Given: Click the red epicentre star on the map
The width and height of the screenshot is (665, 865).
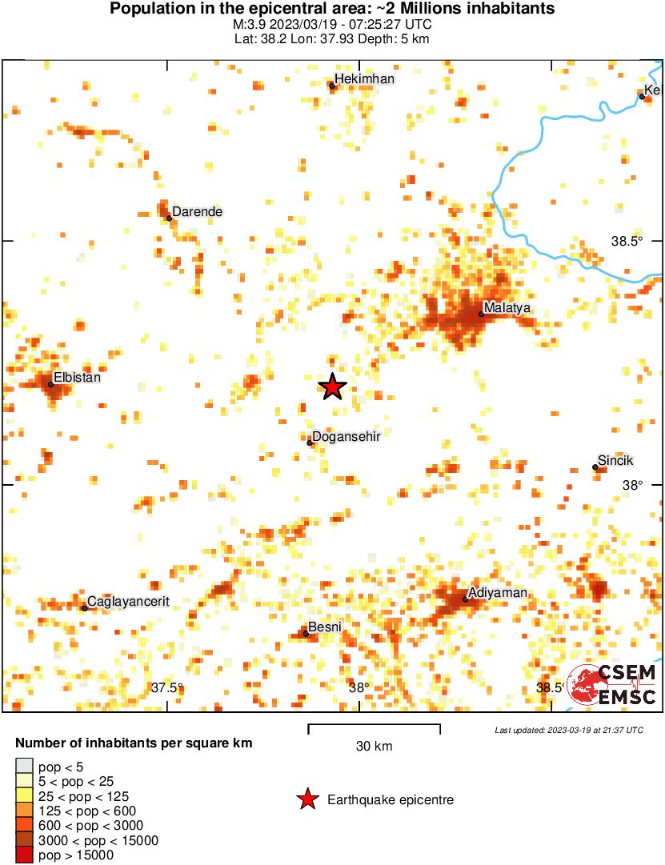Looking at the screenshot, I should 333,387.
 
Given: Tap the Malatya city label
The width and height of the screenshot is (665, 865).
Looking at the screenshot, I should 507,308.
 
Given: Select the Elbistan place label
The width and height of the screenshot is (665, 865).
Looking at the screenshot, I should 77,377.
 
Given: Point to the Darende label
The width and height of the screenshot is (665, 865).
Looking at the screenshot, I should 197,212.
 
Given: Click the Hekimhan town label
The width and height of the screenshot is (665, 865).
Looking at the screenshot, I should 365,79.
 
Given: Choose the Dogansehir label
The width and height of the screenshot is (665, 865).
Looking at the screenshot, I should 345,436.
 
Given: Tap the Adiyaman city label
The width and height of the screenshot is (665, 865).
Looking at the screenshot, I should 497,593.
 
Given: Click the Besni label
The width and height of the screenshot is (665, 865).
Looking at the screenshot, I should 325,627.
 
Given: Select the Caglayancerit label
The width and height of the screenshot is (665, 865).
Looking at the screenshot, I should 128,601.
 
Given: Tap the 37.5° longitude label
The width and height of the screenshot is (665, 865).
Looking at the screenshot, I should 167,687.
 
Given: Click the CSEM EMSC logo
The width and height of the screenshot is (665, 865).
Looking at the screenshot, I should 613,685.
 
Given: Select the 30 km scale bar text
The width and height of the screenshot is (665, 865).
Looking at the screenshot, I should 374,747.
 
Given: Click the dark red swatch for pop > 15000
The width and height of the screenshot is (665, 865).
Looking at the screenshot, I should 25,855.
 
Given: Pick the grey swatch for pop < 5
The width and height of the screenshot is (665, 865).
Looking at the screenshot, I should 25,767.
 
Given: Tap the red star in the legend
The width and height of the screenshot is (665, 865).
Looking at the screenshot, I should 306,799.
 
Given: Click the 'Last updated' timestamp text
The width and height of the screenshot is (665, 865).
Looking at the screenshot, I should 568,730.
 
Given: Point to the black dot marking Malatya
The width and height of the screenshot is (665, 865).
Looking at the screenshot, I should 482,314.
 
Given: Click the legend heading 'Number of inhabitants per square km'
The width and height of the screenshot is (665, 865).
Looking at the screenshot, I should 134,743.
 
